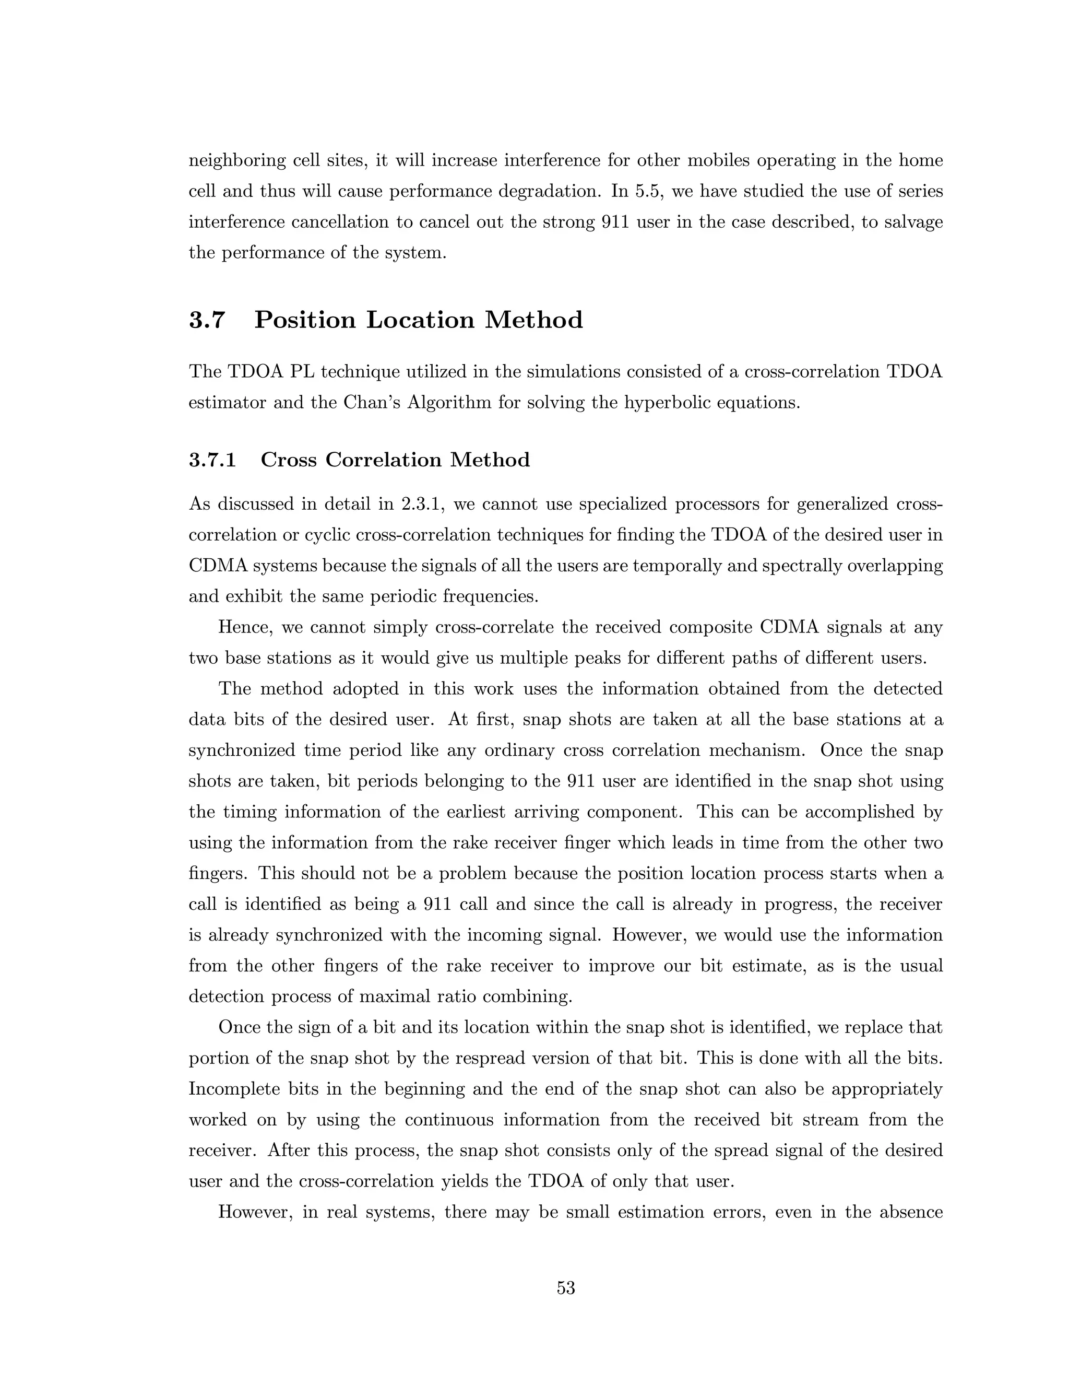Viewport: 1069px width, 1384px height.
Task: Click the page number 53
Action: point(565,1288)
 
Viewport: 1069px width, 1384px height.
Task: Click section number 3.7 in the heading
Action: point(207,320)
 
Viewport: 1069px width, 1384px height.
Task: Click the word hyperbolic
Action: point(670,402)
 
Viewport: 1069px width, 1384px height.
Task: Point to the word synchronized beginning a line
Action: point(241,750)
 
